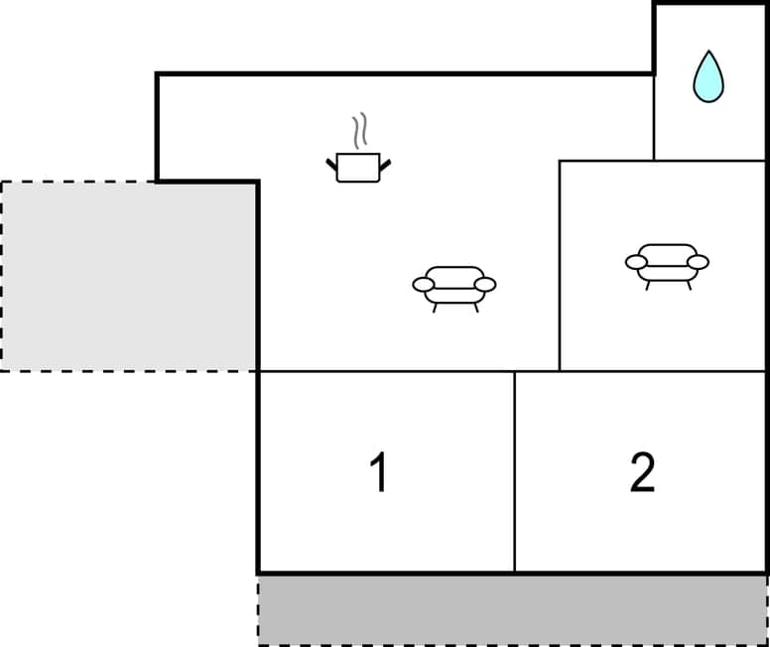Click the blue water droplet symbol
click(707, 79)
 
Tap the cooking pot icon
click(357, 166)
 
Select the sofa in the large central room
click(453, 286)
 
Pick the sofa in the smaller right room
click(667, 263)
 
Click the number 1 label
click(377, 472)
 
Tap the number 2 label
click(642, 472)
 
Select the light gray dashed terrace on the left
click(129, 276)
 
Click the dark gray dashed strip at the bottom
click(512, 609)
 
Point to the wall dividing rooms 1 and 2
click(514, 471)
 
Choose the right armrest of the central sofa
click(484, 285)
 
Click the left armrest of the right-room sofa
click(636, 262)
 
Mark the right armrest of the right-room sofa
click(698, 262)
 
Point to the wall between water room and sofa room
click(708, 160)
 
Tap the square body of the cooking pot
click(357, 168)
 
